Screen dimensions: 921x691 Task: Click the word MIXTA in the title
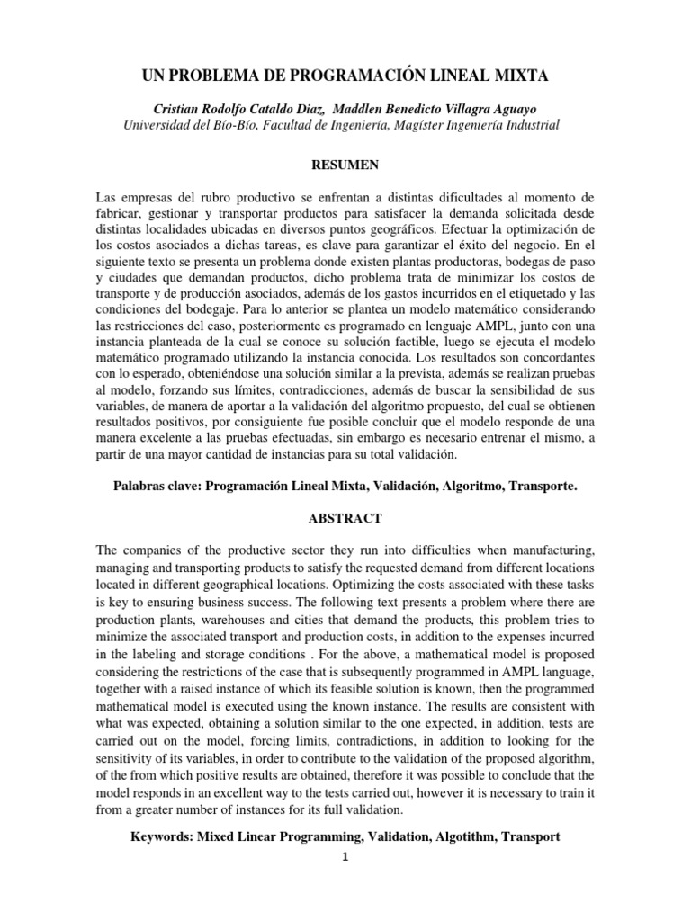[x=513, y=78]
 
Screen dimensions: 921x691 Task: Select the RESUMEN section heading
[x=345, y=165]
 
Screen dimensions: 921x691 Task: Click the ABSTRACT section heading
[x=345, y=518]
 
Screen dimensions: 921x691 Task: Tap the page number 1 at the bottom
[x=345, y=857]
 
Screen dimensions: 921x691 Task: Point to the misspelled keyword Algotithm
[x=465, y=836]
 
